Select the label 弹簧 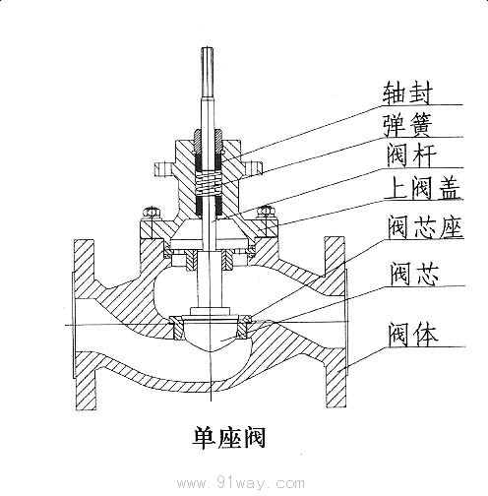[x=407, y=124]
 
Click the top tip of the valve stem [x=207, y=50]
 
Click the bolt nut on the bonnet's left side [x=150, y=211]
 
